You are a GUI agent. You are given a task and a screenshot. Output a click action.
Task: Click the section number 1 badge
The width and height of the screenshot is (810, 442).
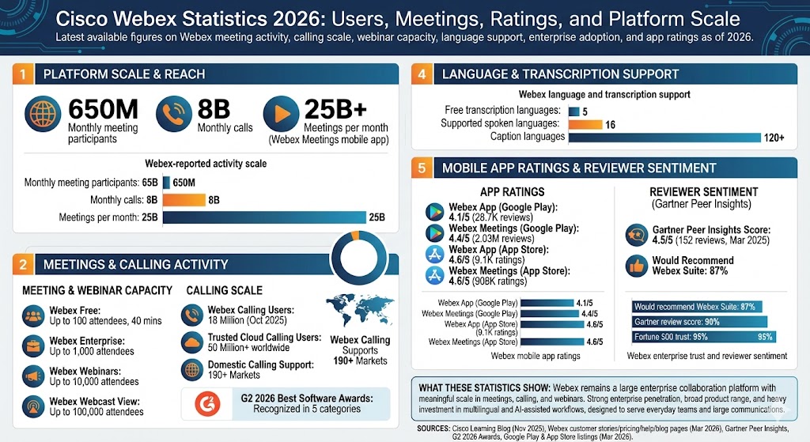tap(24, 74)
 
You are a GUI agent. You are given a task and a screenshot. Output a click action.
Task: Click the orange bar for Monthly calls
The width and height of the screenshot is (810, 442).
tap(184, 200)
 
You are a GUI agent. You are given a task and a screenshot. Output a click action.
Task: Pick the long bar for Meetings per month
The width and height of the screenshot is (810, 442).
tap(264, 217)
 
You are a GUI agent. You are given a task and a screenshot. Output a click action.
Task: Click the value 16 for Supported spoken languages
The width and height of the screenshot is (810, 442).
tap(610, 124)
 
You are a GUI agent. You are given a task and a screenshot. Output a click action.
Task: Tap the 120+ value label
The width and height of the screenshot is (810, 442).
tap(773, 138)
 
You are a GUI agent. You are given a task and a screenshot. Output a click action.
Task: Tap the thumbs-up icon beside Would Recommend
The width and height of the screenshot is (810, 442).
tap(638, 265)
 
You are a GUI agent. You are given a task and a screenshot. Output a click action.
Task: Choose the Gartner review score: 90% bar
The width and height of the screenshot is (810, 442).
tap(700, 321)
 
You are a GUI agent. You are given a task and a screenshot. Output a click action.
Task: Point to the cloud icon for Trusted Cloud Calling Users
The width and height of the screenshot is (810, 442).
tap(193, 342)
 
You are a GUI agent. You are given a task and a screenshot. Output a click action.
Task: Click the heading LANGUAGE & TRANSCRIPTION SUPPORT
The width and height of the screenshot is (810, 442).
tap(560, 74)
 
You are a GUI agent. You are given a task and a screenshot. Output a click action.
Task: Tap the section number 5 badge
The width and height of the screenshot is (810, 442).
tap(422, 168)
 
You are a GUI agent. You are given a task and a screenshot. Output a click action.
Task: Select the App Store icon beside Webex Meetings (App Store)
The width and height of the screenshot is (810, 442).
tap(434, 275)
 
